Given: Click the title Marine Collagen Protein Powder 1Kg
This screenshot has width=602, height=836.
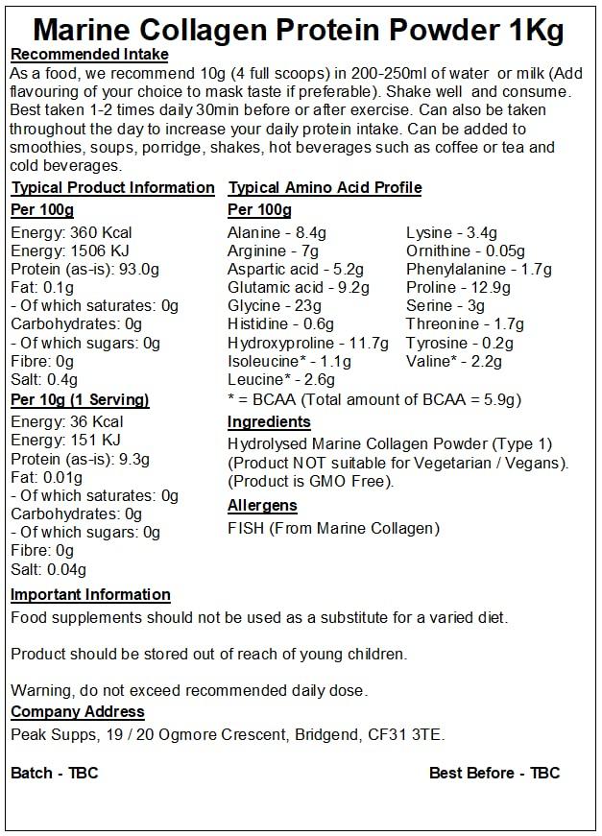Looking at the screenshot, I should [x=301, y=29].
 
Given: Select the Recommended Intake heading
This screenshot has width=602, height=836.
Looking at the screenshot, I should [x=88, y=55].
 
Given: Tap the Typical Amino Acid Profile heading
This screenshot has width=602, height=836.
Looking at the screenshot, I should [x=325, y=187].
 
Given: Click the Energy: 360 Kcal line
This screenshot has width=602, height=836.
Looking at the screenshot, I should [x=71, y=232].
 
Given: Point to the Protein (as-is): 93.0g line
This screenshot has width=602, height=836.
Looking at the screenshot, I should [x=84, y=269].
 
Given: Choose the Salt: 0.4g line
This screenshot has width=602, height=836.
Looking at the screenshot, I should [x=43, y=379].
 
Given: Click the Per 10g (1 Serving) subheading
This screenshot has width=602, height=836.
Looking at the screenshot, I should [x=80, y=400].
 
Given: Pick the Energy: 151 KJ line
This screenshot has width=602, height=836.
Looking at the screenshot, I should [x=67, y=440].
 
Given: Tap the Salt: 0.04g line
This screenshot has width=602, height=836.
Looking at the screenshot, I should [x=48, y=568].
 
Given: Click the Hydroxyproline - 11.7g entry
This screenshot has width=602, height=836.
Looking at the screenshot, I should [x=308, y=343].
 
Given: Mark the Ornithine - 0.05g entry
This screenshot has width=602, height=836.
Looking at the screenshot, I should [x=466, y=251].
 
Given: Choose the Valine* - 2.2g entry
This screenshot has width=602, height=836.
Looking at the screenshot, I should [x=454, y=361].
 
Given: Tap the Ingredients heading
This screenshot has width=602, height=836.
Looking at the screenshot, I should [x=269, y=422].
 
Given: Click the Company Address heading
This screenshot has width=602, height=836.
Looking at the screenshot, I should [x=78, y=712].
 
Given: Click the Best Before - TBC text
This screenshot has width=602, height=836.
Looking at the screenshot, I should [x=494, y=773].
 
